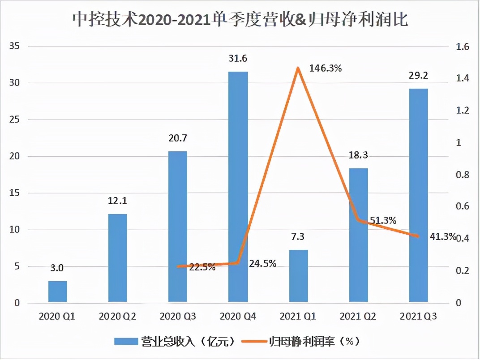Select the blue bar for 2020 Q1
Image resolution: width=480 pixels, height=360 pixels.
pyautogui.click(x=57, y=291)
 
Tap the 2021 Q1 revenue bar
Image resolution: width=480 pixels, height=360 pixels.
pyautogui.click(x=298, y=275)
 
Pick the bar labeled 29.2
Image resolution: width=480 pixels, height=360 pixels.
pyautogui.click(x=419, y=195)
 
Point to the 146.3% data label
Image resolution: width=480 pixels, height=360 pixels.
pyautogui.click(x=326, y=69)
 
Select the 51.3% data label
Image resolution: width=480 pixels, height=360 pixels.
pyautogui.click(x=383, y=220)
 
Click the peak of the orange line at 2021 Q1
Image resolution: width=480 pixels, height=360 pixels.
pyautogui.click(x=298, y=68)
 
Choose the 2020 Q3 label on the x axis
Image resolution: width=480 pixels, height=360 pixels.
pyautogui.click(x=177, y=317)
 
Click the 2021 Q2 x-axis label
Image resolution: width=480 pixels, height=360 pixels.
pyautogui.click(x=358, y=317)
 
